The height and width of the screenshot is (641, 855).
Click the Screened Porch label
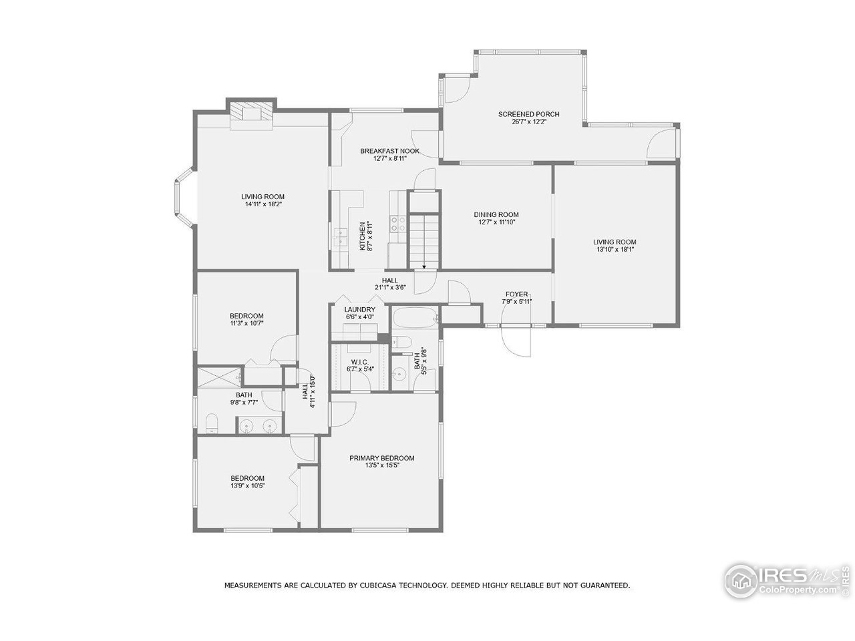pyautogui.click(x=528, y=114)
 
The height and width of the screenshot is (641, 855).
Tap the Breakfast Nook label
pyautogui.click(x=390, y=151)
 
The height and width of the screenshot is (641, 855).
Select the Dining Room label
pyautogui.click(x=496, y=214)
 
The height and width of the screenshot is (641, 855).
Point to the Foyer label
pyautogui.click(x=516, y=294)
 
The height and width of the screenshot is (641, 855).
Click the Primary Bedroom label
pyautogui.click(x=382, y=458)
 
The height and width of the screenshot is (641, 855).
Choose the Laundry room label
pyautogui.click(x=359, y=310)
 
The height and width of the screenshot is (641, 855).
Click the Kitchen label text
pyautogui.click(x=363, y=236)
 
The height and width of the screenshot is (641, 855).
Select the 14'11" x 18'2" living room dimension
pyautogui.click(x=263, y=204)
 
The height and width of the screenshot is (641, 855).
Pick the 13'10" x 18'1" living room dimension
pyautogui.click(x=615, y=250)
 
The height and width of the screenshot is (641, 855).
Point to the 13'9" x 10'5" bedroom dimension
pyautogui.click(x=247, y=486)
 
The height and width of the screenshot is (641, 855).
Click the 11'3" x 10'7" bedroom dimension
pyautogui.click(x=246, y=324)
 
